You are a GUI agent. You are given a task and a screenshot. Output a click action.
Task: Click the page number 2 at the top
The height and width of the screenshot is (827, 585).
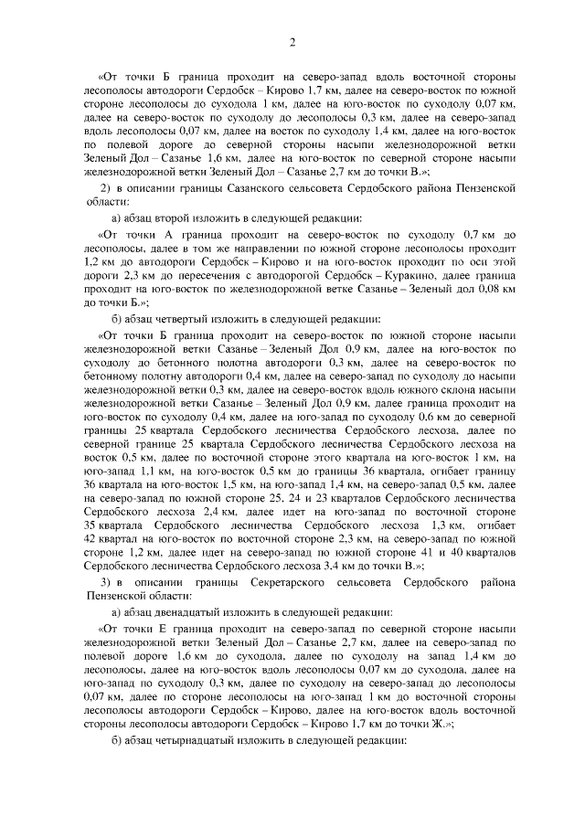click(292, 42)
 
